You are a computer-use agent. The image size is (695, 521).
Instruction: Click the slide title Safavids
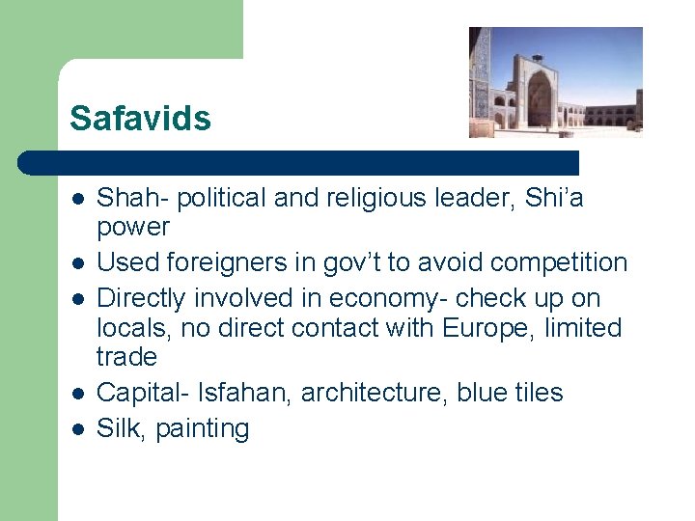(140, 119)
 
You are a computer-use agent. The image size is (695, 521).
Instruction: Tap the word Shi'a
(553, 199)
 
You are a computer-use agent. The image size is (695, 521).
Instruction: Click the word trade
(126, 357)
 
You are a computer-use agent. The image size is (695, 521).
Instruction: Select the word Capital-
(143, 393)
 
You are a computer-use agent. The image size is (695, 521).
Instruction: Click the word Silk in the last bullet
(119, 428)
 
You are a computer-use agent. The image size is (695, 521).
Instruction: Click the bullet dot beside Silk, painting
(77, 428)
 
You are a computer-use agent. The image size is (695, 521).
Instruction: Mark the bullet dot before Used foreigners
(77, 262)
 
